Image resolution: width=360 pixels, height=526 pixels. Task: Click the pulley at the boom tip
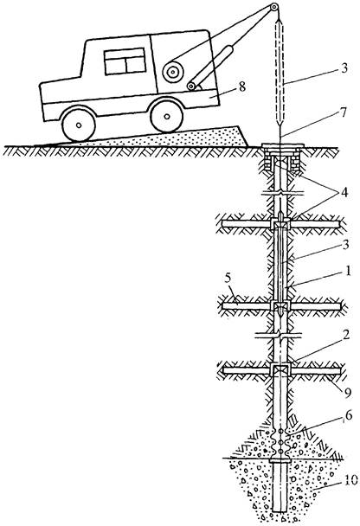pyautogui.click(x=274, y=7)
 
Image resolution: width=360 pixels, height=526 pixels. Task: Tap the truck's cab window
pyautogui.click(x=125, y=61)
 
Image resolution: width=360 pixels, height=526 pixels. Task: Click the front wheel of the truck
pyautogui.click(x=79, y=125)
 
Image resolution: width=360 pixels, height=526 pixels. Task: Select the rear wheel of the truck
pyautogui.click(x=167, y=116)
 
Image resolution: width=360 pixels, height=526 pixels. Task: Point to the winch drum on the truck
pyautogui.click(x=173, y=72)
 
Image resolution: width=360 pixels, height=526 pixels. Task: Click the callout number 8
pyautogui.click(x=242, y=87)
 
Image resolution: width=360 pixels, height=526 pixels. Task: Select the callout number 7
pyautogui.click(x=343, y=112)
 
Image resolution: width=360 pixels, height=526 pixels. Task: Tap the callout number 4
pyautogui.click(x=344, y=193)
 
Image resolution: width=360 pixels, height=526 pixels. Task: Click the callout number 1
pyautogui.click(x=348, y=271)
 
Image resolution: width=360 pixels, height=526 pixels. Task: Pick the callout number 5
pyautogui.click(x=228, y=278)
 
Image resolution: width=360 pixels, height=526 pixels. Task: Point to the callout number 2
pyautogui.click(x=346, y=335)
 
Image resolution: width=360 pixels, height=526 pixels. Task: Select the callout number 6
pyautogui.click(x=349, y=415)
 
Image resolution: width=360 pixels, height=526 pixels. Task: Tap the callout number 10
pyautogui.click(x=350, y=482)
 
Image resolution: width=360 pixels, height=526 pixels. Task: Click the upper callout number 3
pyautogui.click(x=344, y=68)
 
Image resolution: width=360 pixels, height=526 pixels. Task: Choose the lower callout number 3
pyautogui.click(x=345, y=244)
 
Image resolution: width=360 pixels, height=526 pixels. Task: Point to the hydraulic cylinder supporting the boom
pyautogui.click(x=211, y=67)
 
